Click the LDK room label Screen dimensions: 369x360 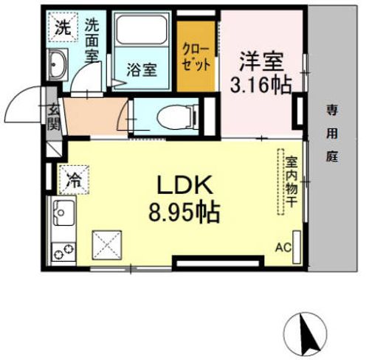click(184, 185)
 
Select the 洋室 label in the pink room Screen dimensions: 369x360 click(261, 61)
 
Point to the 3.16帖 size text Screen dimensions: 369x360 click(261, 85)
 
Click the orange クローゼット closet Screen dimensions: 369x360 click(196, 56)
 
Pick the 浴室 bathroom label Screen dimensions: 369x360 click(142, 69)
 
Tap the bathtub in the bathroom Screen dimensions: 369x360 click(142, 30)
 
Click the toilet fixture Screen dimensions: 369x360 click(178, 117)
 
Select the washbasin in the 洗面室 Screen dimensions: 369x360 click(58, 64)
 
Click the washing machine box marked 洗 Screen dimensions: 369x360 click(63, 27)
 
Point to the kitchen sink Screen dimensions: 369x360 click(63, 212)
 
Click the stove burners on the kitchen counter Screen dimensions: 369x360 click(63, 252)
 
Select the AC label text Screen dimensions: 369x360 click(283, 248)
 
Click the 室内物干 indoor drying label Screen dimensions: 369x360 click(292, 181)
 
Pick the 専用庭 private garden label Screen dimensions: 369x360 click(332, 134)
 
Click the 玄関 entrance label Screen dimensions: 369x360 click(54, 117)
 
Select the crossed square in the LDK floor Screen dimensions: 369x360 click(107, 245)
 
